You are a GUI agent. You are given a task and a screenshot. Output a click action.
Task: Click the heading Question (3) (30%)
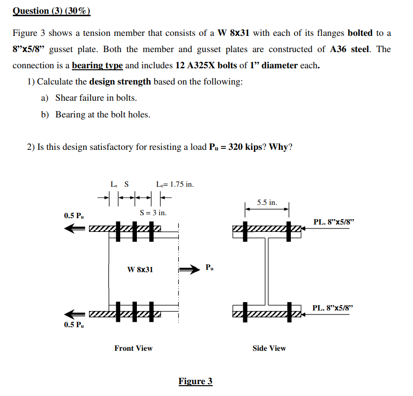pyautogui.click(x=51, y=10)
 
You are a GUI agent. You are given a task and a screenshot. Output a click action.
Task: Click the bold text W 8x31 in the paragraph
pyautogui.click(x=234, y=33)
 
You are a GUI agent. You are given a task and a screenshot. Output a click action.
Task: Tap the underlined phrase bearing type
pyautogui.click(x=97, y=65)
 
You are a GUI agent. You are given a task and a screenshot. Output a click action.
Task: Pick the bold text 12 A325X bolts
pyautogui.click(x=204, y=65)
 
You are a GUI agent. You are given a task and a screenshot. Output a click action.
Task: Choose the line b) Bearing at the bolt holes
pyautogui.click(x=95, y=114)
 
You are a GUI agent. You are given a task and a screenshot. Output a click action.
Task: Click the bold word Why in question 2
pyautogui.click(x=279, y=147)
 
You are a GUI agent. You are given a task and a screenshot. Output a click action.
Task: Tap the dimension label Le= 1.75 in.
pyautogui.click(x=174, y=185)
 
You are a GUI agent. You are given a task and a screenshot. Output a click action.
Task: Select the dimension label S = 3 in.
pyautogui.click(x=153, y=213)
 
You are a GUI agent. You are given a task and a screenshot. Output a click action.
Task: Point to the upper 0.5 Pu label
pyautogui.click(x=74, y=216)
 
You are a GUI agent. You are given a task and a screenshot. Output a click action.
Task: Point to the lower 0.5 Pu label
pyautogui.click(x=74, y=325)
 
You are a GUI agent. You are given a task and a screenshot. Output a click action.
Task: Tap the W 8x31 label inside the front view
pyautogui.click(x=140, y=269)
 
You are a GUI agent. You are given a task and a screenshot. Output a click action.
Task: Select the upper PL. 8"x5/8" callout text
pyautogui.click(x=333, y=222)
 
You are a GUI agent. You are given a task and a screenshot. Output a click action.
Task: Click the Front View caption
pyautogui.click(x=133, y=348)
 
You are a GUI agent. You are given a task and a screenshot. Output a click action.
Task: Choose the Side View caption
pyautogui.click(x=269, y=348)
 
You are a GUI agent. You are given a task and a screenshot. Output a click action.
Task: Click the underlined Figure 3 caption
pyautogui.click(x=195, y=382)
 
